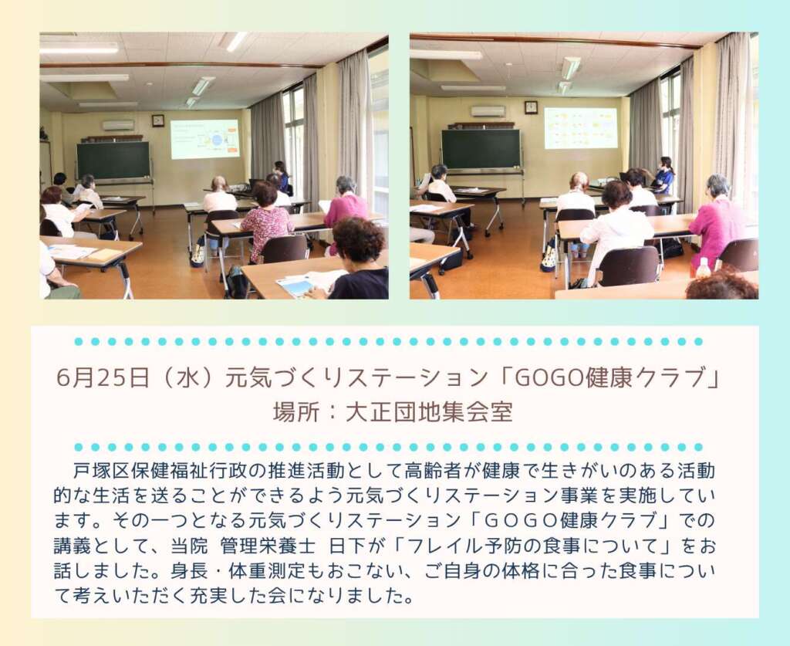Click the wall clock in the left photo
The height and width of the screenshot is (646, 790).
pos(158,120)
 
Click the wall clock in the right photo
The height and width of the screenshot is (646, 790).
pos(531,107)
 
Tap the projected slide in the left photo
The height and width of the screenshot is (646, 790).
pos(204,139)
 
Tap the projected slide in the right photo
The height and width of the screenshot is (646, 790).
pos(581,128)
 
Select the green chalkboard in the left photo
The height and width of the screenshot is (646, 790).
pos(113,161)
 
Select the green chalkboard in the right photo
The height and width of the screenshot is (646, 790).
pos(481,149)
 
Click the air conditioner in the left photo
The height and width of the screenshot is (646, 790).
pos(118,125)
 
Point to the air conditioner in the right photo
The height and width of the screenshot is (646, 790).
pos(488,111)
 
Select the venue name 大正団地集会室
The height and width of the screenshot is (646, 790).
pos(429,412)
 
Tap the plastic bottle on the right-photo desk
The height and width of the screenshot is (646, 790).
pos(703,267)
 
